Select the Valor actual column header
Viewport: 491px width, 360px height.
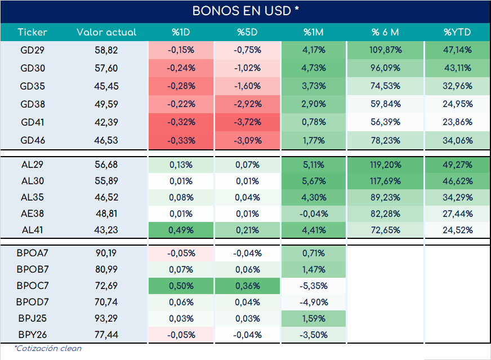pyautogui.click(x=106, y=32)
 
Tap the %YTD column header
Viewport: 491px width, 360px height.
pyautogui.click(x=457, y=32)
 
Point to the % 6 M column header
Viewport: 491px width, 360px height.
pyautogui.click(x=385, y=32)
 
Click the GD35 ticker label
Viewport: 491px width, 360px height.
pyautogui.click(x=32, y=86)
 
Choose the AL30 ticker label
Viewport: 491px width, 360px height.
pyautogui.click(x=32, y=181)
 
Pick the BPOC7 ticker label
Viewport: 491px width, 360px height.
pyautogui.click(x=33, y=286)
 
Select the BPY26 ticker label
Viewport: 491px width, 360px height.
pyautogui.click(x=33, y=335)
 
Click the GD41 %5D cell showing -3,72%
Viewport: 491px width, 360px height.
pyautogui.click(x=247, y=122)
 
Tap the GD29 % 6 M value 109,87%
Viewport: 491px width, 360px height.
pyautogui.click(x=386, y=50)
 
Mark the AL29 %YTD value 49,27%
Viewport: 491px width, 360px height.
pyautogui.click(x=457, y=165)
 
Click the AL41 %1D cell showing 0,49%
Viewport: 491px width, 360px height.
pyautogui.click(x=181, y=230)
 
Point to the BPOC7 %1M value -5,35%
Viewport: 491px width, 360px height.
pyautogui.click(x=314, y=286)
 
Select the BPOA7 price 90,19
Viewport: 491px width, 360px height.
pyautogui.click(x=106, y=253)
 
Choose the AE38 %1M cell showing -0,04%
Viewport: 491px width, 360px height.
pyautogui.click(x=314, y=214)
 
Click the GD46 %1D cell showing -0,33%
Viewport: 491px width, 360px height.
pyautogui.click(x=181, y=140)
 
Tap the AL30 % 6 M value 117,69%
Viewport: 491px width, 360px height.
pyautogui.click(x=386, y=181)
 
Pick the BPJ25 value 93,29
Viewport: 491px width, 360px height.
pyautogui.click(x=106, y=318)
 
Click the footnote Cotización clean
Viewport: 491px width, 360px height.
pyautogui.click(x=48, y=348)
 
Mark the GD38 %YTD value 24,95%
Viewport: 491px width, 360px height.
pyautogui.click(x=457, y=104)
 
